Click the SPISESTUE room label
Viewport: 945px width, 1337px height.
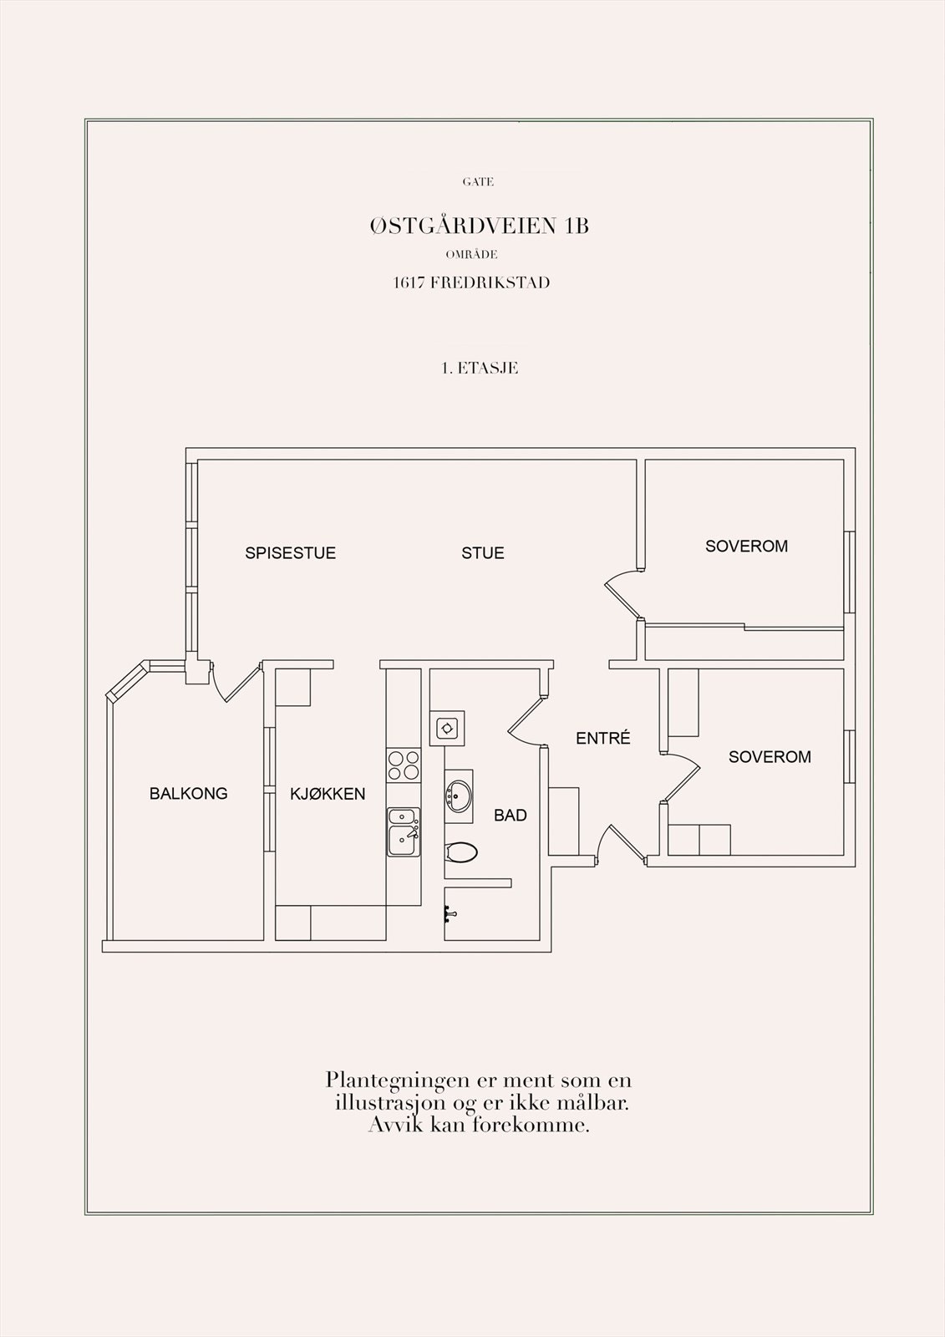pyautogui.click(x=290, y=553)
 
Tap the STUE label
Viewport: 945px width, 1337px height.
pyautogui.click(x=483, y=553)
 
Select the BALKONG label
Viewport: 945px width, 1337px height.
pyautogui.click(x=188, y=794)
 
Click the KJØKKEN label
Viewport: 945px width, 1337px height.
pyautogui.click(x=328, y=794)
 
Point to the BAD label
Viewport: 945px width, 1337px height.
pyautogui.click(x=510, y=816)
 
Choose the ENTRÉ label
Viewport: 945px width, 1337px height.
pyautogui.click(x=602, y=739)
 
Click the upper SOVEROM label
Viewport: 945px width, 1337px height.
pyautogui.click(x=746, y=546)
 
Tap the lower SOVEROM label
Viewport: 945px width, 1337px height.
pyautogui.click(x=770, y=757)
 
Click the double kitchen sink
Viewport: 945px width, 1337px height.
pyautogui.click(x=404, y=831)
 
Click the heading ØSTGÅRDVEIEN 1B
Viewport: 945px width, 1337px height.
pyautogui.click(x=479, y=226)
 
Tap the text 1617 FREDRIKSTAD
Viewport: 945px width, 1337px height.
pyautogui.click(x=471, y=282)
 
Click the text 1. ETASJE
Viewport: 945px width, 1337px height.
pyautogui.click(x=480, y=368)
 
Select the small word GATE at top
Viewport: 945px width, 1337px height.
pyautogui.click(x=478, y=181)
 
